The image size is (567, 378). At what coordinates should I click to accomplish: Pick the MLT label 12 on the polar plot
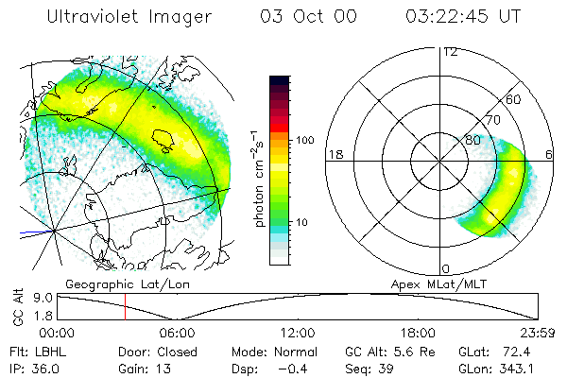[451, 51]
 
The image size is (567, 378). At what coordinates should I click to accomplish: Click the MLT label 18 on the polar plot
[335, 154]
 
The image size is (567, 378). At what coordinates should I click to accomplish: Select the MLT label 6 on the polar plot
[550, 154]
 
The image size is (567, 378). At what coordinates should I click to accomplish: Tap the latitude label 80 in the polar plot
[472, 141]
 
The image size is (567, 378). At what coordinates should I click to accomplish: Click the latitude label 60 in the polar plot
[514, 99]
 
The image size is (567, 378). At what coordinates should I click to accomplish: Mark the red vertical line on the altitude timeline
[125, 306]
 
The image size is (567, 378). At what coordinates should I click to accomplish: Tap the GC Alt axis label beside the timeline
[16, 306]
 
